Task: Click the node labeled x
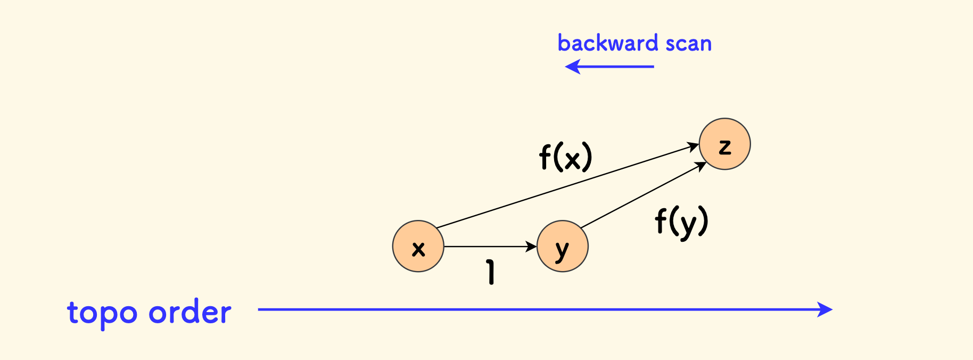tap(418, 247)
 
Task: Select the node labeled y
tap(563, 247)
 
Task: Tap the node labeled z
tap(724, 144)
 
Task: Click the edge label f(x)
tap(565, 157)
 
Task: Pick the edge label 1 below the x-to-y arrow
tap(491, 272)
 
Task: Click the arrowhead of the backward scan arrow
tap(571, 67)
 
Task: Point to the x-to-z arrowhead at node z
tap(693, 146)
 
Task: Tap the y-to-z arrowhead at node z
tap(701, 165)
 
